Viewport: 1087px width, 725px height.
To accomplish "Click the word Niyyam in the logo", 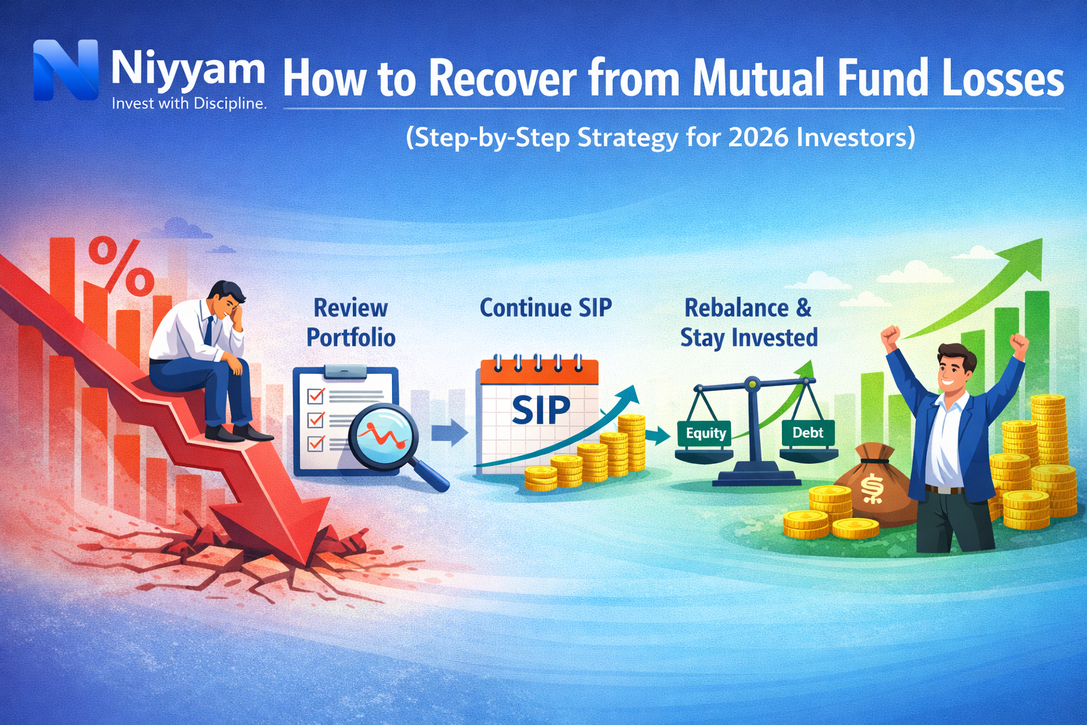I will point(188,71).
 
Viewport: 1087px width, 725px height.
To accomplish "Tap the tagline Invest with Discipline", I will point(189,103).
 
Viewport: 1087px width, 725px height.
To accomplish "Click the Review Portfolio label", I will point(351,323).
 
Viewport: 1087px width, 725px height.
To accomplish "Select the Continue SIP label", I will point(546,308).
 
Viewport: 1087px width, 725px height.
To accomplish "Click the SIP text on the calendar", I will point(541,410).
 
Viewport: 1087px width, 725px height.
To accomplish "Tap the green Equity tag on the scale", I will point(706,433).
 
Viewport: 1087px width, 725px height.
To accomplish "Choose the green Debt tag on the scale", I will point(807,433).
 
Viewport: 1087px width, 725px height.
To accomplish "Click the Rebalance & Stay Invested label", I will point(749,323).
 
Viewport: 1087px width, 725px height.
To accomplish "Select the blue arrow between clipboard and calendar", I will point(449,432).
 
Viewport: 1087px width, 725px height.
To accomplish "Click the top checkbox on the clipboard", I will point(315,395).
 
